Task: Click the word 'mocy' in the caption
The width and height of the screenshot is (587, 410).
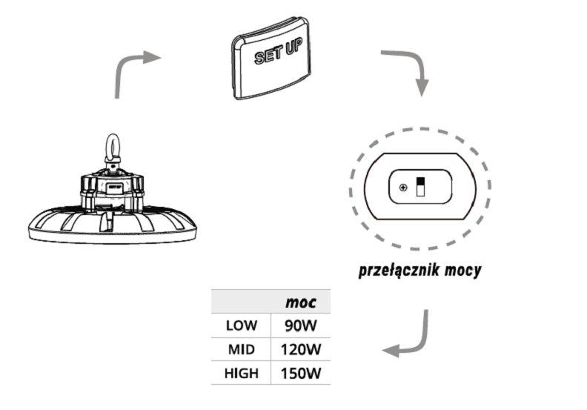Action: tap(462, 270)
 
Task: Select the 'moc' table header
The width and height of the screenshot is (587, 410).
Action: tap(301, 302)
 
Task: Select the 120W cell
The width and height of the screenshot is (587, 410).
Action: tap(300, 349)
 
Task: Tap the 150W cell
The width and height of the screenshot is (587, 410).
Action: tap(300, 373)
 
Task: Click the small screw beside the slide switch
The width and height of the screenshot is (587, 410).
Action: tap(402, 187)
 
